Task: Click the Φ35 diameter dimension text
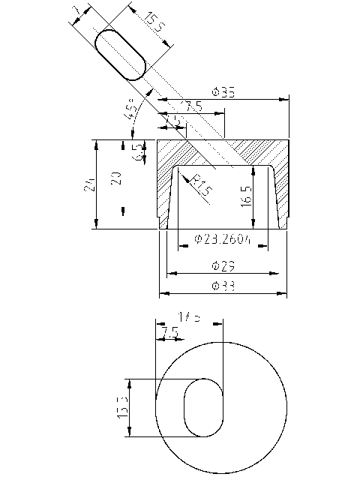(223, 92)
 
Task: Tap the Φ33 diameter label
(223, 286)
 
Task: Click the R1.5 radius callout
(199, 186)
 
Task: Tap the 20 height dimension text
(115, 178)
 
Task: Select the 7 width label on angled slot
(77, 10)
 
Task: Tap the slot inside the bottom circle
(203, 407)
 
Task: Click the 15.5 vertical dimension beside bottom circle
(121, 407)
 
